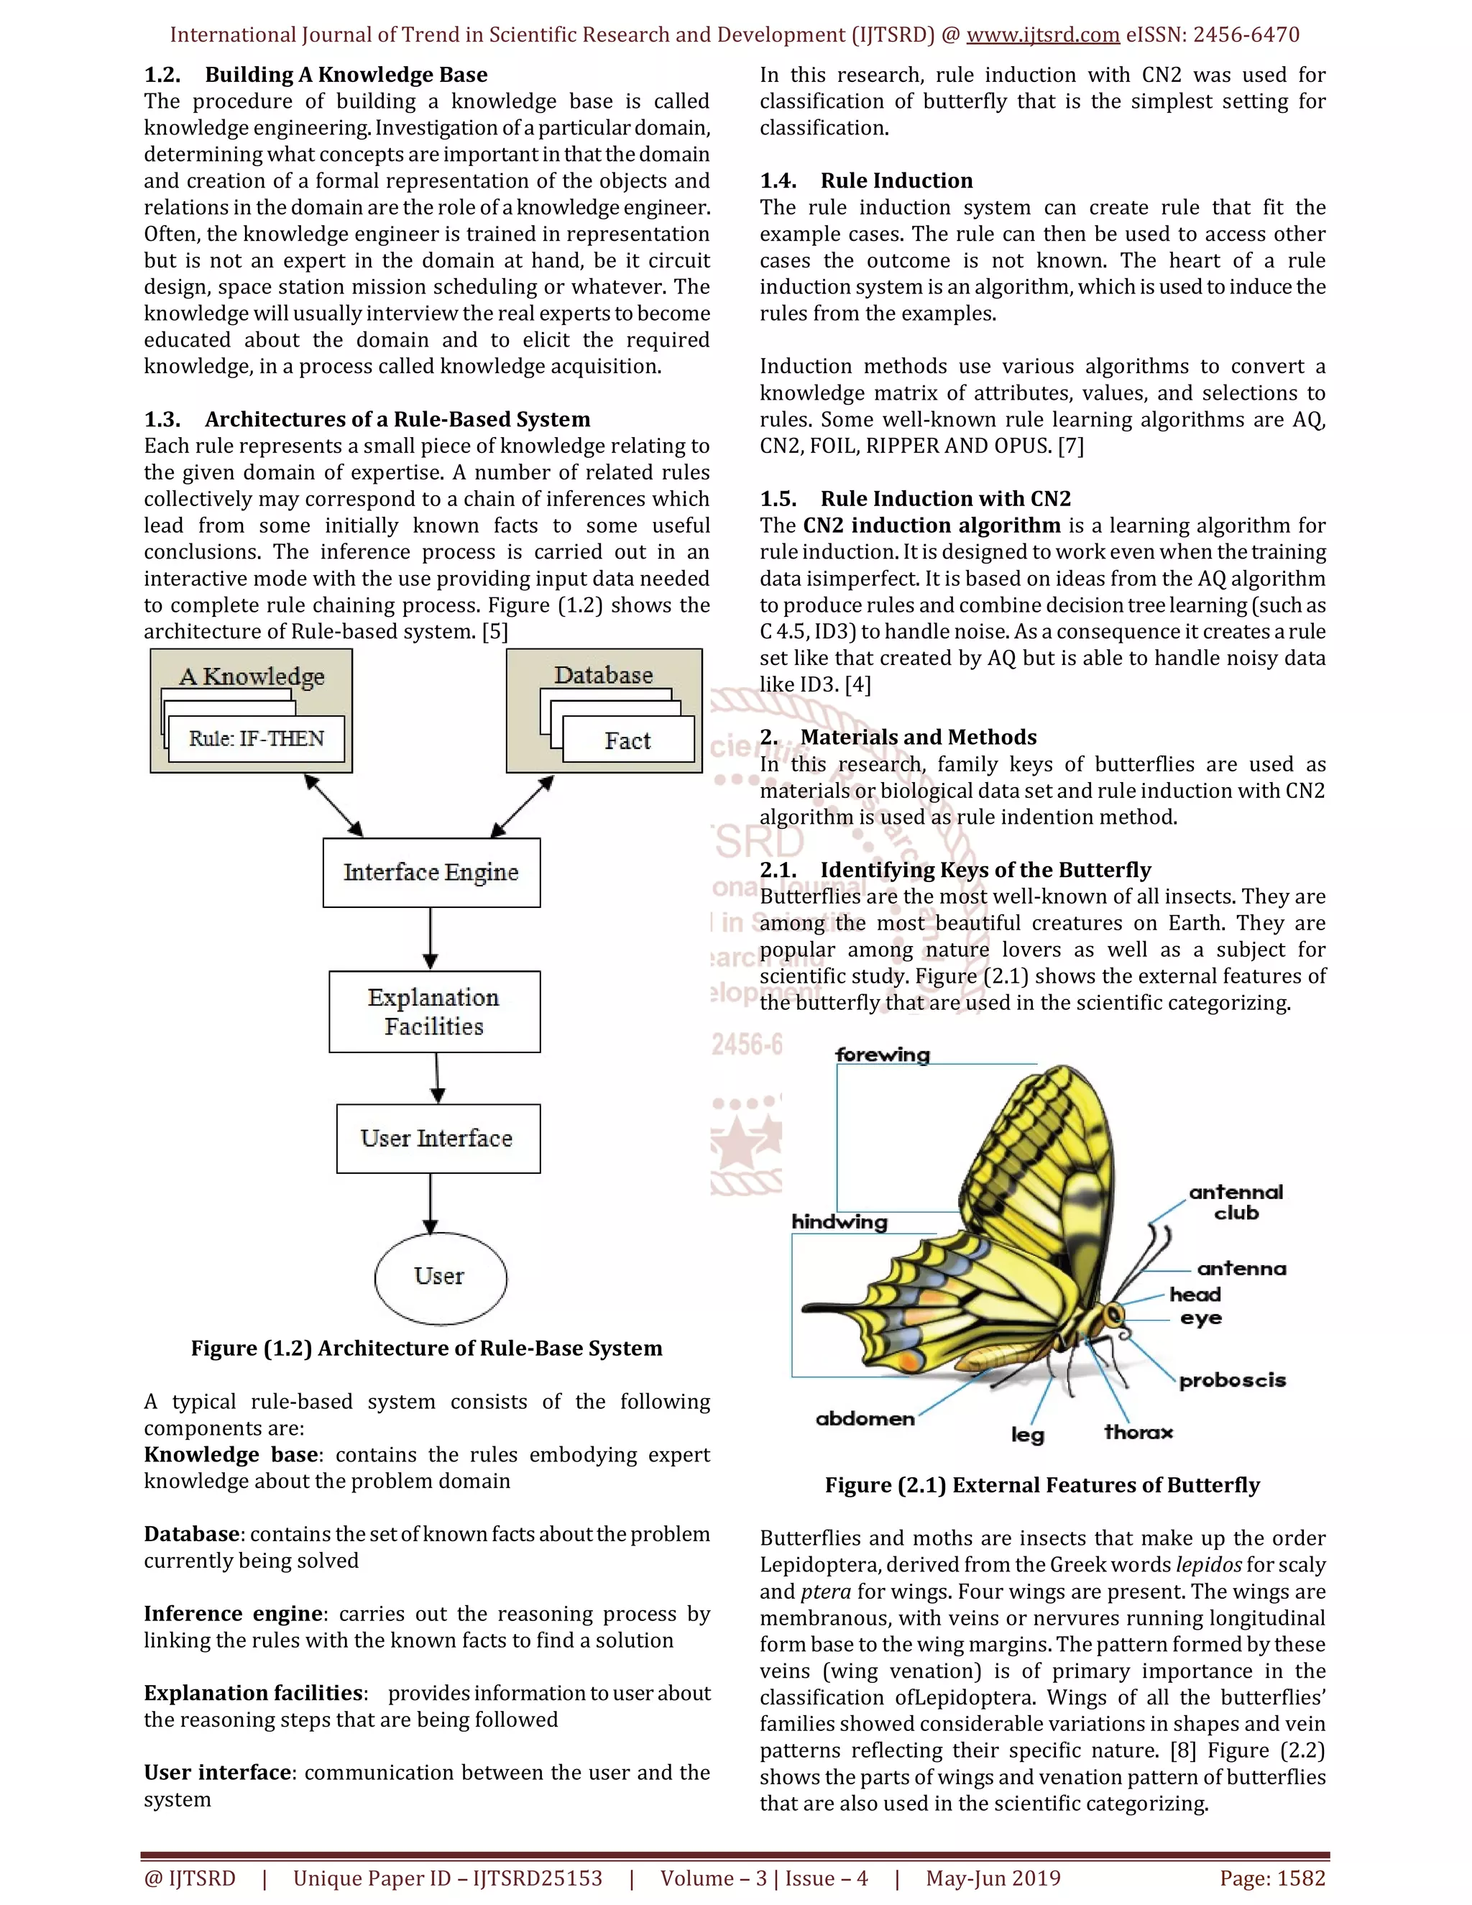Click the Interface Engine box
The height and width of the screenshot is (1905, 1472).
tap(431, 872)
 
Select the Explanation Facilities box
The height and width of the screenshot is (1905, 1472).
tap(434, 1012)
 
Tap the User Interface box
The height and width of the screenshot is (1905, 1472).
tap(438, 1138)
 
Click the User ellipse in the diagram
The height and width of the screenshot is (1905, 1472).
tap(441, 1277)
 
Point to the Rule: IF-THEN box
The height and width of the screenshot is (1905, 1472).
tap(257, 739)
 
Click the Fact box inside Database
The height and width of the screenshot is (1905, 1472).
tap(628, 740)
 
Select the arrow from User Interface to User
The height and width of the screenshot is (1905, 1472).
tap(430, 1203)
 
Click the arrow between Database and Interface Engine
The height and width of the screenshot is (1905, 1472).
tap(522, 806)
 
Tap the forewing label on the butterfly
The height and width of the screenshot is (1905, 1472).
tap(883, 1055)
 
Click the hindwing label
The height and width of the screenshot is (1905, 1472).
tap(839, 1222)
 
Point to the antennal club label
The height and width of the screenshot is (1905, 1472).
tap(1236, 1202)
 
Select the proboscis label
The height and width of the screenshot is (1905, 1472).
tap(1232, 1381)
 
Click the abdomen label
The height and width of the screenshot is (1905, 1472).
tap(865, 1419)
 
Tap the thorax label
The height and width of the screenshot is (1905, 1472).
tap(1138, 1432)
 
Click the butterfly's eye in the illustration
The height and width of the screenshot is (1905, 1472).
tap(1111, 1316)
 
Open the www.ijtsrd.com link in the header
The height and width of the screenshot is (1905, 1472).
tap(1043, 35)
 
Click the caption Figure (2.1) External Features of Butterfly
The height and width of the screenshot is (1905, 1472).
tap(1042, 1485)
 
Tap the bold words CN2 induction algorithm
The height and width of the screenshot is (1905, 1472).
tap(931, 526)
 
